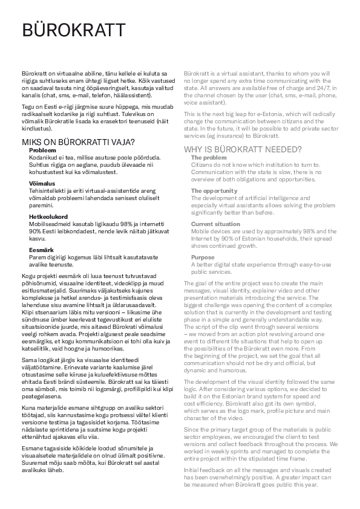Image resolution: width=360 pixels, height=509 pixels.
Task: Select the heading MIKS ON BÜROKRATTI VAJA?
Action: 79,143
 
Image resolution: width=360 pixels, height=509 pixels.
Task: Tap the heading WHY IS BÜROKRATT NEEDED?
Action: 243,149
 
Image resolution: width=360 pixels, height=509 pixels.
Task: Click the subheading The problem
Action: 209,157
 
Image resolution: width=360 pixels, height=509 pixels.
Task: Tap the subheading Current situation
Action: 215,224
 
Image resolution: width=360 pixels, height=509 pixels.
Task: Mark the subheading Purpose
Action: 203,257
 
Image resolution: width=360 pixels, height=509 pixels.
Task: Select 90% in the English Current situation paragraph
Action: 229,239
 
